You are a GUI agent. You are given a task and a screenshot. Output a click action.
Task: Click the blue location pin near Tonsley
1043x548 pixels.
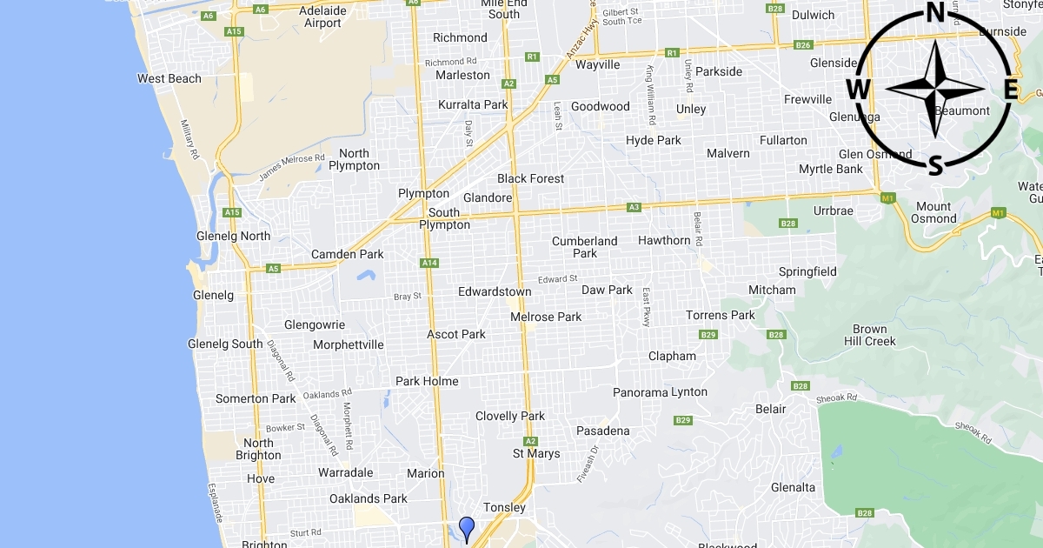pyautogui.click(x=467, y=528)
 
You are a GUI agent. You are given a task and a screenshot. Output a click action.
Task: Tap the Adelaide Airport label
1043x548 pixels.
pyautogui.click(x=322, y=17)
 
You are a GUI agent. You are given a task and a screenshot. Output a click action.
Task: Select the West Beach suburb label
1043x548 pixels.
pyautogui.click(x=169, y=78)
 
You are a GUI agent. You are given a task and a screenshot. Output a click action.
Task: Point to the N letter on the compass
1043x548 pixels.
pyautogui.click(x=935, y=12)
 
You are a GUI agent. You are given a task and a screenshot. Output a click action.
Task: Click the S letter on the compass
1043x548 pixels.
pyautogui.click(x=935, y=164)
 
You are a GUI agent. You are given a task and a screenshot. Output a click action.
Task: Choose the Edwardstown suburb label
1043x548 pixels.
pyautogui.click(x=495, y=292)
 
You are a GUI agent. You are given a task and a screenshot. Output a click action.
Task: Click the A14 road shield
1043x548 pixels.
pyautogui.click(x=428, y=263)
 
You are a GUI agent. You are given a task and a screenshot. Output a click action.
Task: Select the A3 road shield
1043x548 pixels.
pyautogui.click(x=634, y=207)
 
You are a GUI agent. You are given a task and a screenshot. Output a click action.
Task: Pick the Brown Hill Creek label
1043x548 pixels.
pyautogui.click(x=869, y=335)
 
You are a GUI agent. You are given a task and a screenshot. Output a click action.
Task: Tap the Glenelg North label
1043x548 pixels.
pyautogui.click(x=234, y=236)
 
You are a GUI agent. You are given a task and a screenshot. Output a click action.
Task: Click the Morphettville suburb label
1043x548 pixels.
pyautogui.click(x=349, y=344)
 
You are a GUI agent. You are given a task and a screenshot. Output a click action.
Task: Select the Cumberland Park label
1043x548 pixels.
pyautogui.click(x=585, y=247)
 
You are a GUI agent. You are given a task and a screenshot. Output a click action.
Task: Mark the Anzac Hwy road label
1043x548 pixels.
pyautogui.click(x=581, y=42)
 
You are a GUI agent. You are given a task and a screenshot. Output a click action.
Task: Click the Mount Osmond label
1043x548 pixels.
pyautogui.click(x=934, y=212)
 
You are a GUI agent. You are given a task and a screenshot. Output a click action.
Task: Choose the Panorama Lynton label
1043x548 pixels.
pyautogui.click(x=660, y=392)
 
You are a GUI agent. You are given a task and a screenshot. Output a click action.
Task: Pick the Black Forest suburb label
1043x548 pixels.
pyautogui.click(x=530, y=178)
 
